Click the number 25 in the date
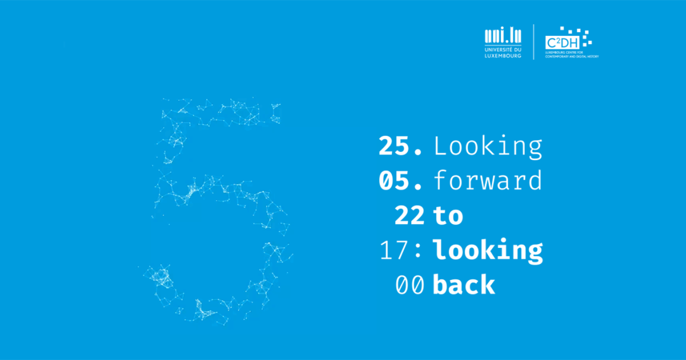[393, 146]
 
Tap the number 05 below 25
[393, 181]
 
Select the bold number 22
[409, 215]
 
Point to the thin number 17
[394, 250]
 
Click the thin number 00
[410, 285]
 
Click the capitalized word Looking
[488, 147]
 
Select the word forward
[488, 181]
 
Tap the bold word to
[448, 216]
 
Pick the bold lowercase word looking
[488, 251]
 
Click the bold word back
[464, 284]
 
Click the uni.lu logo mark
[503, 36]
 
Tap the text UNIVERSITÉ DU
[503, 50]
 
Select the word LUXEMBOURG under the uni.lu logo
[503, 56]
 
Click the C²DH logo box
[563, 42]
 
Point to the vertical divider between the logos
[534, 42]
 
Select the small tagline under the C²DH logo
[572, 54]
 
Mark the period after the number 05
[418, 187]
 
